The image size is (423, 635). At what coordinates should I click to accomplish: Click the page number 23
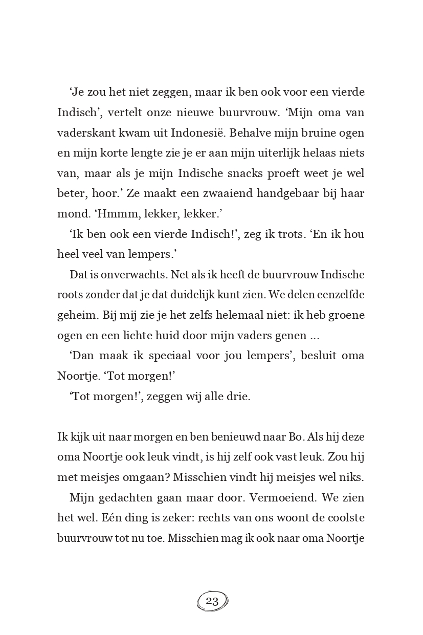(x=212, y=601)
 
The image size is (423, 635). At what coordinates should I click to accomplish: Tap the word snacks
(x=252, y=173)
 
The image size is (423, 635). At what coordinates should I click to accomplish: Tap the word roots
(x=69, y=295)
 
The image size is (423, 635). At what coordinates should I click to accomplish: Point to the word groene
(x=347, y=315)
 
